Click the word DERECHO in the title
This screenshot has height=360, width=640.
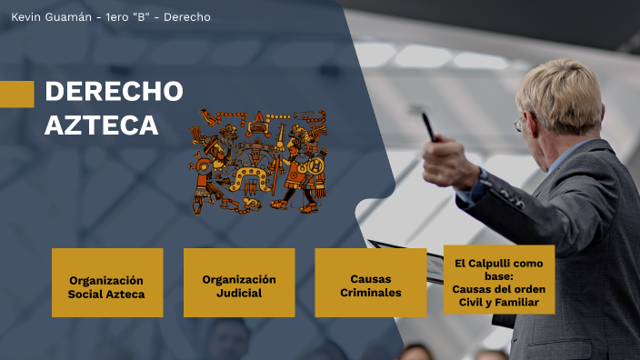[x=114, y=92]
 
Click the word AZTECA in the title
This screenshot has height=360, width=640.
[x=101, y=125]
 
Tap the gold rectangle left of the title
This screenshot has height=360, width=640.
[x=16, y=95]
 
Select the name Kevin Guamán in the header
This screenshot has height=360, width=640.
[x=51, y=17]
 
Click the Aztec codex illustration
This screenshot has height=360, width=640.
[x=258, y=161]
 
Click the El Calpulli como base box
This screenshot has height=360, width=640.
[x=499, y=280]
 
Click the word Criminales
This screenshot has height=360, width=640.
[x=371, y=293]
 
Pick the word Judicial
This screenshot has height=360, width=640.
[x=239, y=294]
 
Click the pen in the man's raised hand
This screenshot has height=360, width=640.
[x=427, y=125]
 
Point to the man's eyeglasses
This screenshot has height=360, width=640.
[x=519, y=123]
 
